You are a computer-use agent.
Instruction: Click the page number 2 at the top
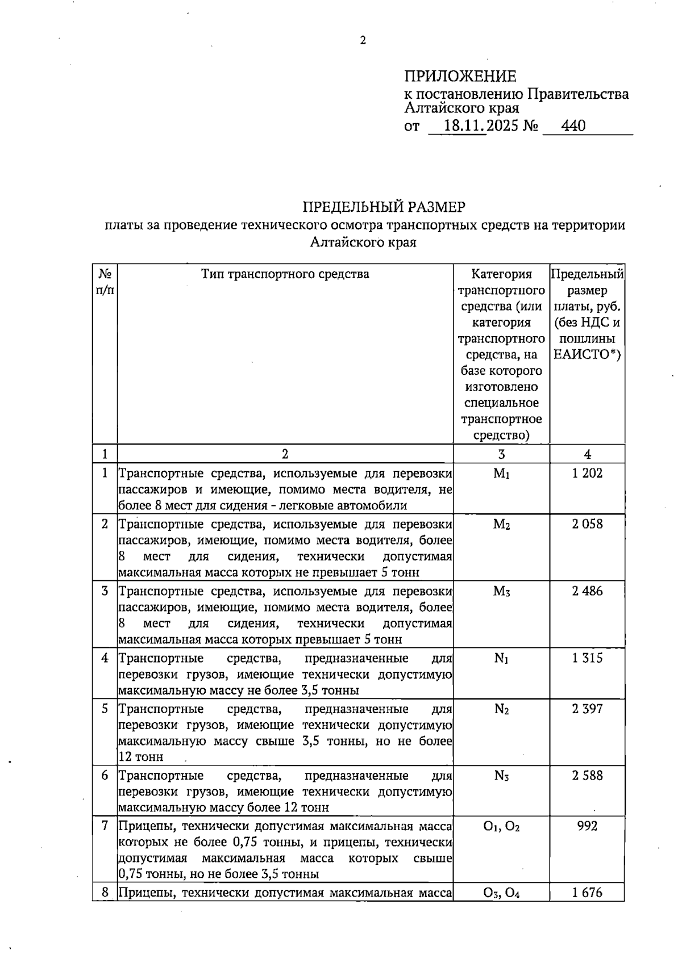pyautogui.click(x=363, y=40)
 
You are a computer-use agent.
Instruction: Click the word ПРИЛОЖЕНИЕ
pyautogui.click(x=460, y=76)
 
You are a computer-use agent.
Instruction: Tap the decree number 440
pyautogui.click(x=573, y=126)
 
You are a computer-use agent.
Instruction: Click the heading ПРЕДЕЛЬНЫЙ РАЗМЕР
pyautogui.click(x=384, y=207)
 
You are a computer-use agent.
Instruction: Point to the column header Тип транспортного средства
pyautogui.click(x=285, y=274)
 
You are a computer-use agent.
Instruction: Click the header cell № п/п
pyautogui.click(x=105, y=282)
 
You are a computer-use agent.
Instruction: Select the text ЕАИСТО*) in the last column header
pyautogui.click(x=587, y=355)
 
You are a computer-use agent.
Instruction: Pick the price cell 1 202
pyautogui.click(x=587, y=473)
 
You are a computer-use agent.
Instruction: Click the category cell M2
pyautogui.click(x=501, y=524)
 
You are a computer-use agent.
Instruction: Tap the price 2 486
pyautogui.click(x=587, y=591)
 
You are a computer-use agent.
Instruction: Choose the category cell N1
pyautogui.click(x=501, y=658)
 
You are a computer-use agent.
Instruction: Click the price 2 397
pyautogui.click(x=587, y=709)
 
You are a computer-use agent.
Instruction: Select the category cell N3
pyautogui.click(x=501, y=776)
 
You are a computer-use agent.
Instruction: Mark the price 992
pyautogui.click(x=587, y=826)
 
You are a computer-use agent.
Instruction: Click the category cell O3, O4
pyautogui.click(x=501, y=893)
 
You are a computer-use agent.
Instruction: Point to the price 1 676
pyautogui.click(x=587, y=893)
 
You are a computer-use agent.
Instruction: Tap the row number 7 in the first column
pyautogui.click(x=105, y=826)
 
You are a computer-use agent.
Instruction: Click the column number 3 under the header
pyautogui.click(x=501, y=454)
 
